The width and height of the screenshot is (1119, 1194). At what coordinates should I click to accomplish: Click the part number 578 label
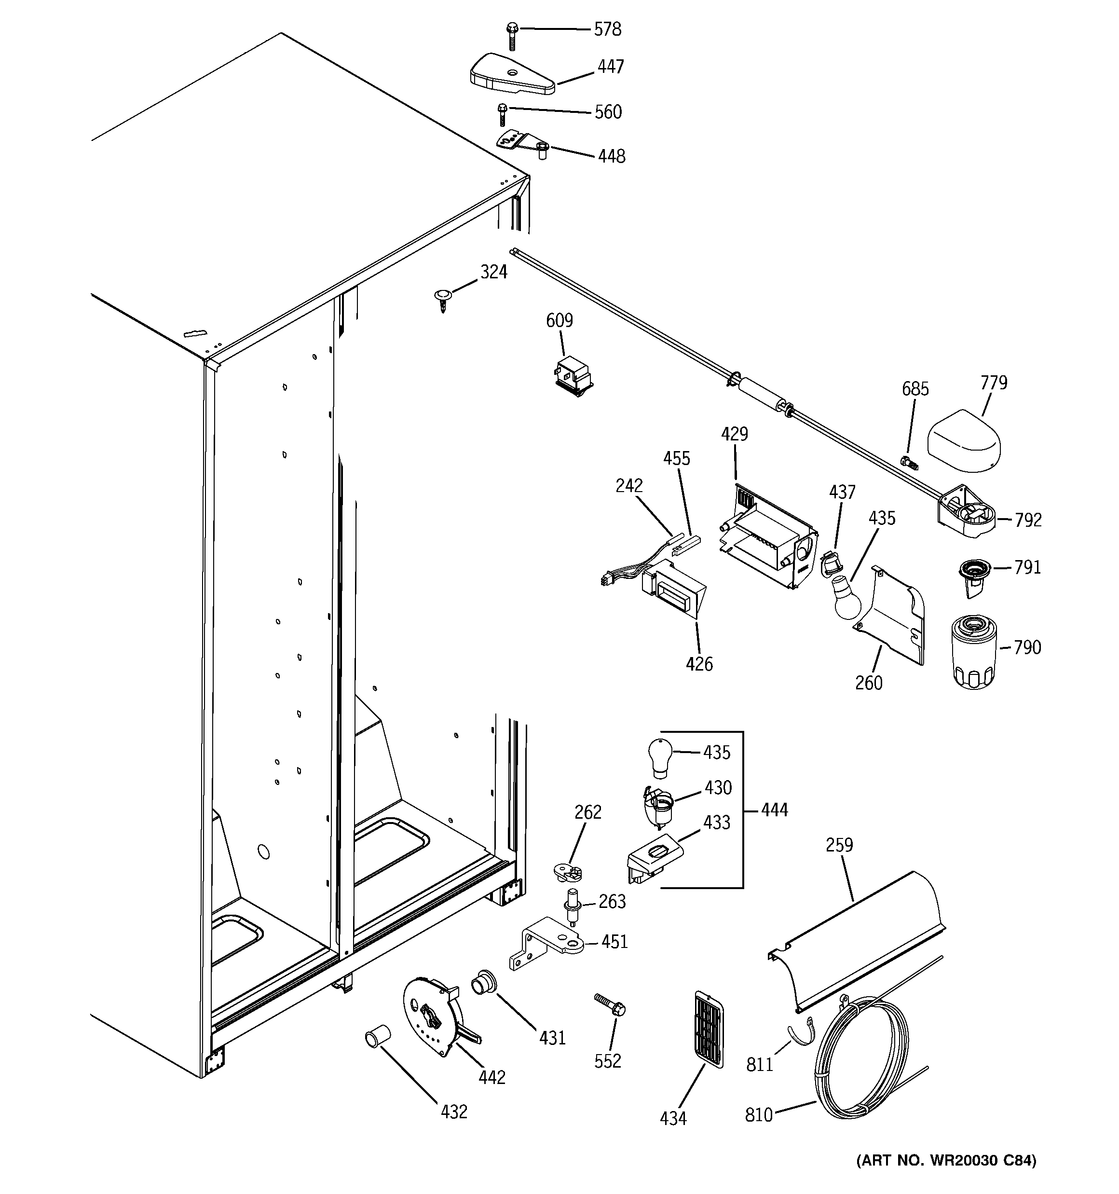607,29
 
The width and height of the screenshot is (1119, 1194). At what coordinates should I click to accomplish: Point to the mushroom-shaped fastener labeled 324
442,299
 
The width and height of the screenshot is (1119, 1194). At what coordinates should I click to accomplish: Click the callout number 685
915,389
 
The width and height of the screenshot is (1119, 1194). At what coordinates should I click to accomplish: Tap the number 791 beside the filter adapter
1027,567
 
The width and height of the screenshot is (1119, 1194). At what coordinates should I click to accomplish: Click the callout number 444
774,810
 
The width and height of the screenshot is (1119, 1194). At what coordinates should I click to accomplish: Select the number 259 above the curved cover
838,845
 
